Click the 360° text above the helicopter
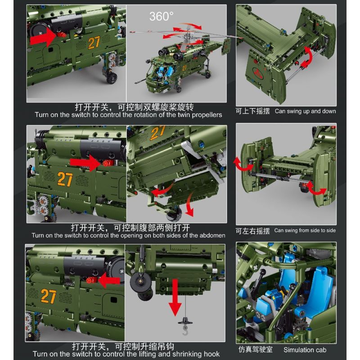(x=161, y=17)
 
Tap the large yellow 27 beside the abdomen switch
(x=65, y=179)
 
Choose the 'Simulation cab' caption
(x=305, y=350)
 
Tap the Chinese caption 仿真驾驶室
(x=254, y=350)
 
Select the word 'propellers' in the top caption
(x=206, y=115)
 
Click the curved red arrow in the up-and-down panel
(x=307, y=56)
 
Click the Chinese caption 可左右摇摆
(x=252, y=231)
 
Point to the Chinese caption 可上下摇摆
(x=252, y=111)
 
